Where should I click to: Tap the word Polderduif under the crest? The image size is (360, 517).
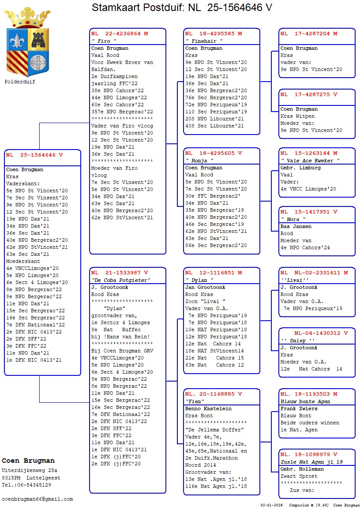pos(20,82)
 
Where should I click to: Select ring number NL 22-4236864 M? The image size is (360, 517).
pos(120,34)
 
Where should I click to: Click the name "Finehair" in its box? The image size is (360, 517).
pos(204,41)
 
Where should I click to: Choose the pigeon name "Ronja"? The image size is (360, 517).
pos(199,161)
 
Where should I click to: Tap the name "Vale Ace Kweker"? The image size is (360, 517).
pos(310,161)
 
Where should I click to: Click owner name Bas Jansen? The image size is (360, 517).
pos(296,226)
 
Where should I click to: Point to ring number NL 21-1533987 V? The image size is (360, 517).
pos(120,273)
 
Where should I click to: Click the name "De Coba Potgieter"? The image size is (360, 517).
pos(121,280)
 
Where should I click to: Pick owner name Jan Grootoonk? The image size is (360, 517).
pos(205,287)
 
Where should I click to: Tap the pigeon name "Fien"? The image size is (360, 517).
pos(195,401)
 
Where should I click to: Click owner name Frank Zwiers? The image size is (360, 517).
pos(298,408)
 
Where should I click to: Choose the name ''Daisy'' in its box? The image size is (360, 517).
pos(294,341)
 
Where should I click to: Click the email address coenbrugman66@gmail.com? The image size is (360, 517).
pos(37,499)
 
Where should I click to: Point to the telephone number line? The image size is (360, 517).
pos(26,485)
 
